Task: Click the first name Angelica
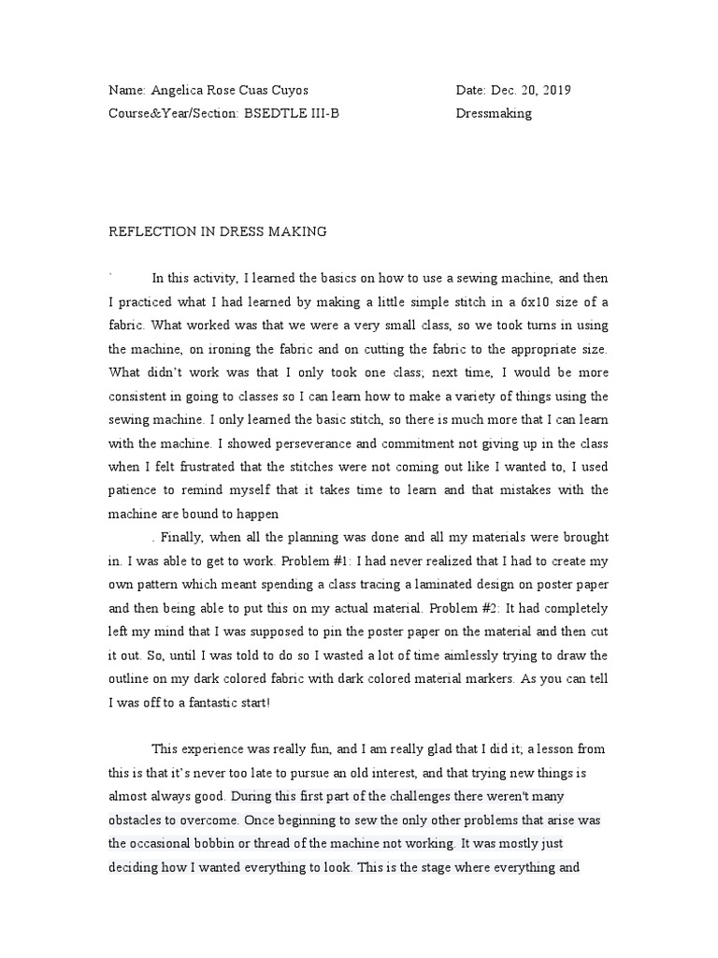pyautogui.click(x=177, y=91)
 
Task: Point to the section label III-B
pyautogui.click(x=333, y=113)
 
